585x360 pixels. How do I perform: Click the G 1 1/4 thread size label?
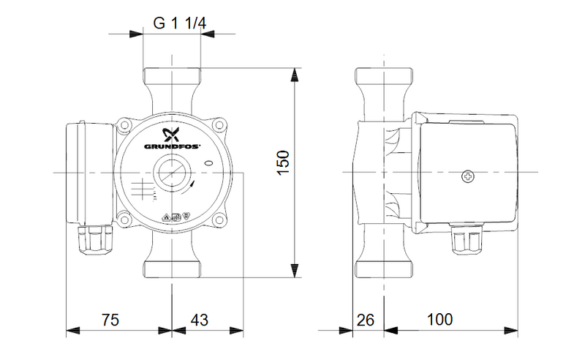179,23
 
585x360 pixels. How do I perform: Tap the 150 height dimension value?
284,162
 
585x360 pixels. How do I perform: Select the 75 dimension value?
110,320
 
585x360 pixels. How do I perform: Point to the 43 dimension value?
200,320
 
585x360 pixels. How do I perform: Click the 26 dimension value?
365,320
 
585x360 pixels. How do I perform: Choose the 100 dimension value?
440,319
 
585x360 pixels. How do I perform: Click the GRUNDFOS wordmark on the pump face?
172,146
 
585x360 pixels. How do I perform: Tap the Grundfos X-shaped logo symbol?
172,135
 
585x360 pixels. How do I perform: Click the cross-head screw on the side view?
468,176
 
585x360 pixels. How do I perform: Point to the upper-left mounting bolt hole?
124,124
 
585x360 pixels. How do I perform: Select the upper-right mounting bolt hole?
220,124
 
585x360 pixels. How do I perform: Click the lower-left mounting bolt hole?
124,220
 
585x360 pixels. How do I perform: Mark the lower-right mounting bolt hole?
220,220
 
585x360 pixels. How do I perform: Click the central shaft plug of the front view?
172,173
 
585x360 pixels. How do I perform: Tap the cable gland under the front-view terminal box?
96,239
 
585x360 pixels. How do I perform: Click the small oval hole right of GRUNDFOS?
209,163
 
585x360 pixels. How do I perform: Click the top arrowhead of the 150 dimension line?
295,75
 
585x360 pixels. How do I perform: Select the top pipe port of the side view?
384,78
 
